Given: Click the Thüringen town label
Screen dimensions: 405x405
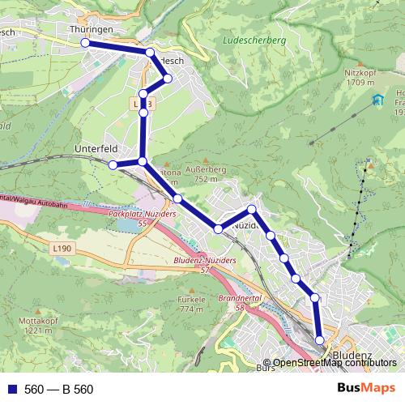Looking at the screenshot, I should (91, 28).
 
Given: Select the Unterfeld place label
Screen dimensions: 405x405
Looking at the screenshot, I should (96, 149).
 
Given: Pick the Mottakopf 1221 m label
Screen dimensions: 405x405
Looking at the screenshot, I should (33, 326).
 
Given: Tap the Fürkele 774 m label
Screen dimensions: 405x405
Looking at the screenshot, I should (190, 304).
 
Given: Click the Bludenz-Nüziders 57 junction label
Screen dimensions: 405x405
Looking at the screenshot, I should (204, 264).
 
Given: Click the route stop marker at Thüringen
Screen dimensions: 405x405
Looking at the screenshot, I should (85, 44).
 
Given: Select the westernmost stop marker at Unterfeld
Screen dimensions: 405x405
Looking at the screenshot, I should (113, 165).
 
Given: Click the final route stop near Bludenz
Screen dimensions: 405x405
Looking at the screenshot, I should (320, 340).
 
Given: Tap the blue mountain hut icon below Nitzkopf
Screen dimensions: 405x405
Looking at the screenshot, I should (377, 100).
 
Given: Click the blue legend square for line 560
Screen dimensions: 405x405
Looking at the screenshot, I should (11, 390).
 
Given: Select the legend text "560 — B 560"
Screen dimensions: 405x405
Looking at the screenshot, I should (58, 390).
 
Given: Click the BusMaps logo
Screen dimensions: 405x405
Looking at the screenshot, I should (367, 389).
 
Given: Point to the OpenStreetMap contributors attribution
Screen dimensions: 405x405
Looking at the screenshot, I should (334, 363).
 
